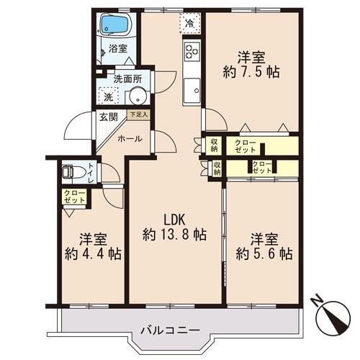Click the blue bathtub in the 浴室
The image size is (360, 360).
[x=114, y=24]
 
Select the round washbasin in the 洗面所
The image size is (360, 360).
[x=138, y=96]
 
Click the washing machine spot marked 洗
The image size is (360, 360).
[x=109, y=95]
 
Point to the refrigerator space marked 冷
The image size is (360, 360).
[x=190, y=23]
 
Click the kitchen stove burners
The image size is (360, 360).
[x=192, y=51]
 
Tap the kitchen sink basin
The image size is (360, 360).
[x=192, y=91]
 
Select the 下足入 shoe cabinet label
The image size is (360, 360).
[x=139, y=114]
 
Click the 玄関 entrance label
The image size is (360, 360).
[x=109, y=117]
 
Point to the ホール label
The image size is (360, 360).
[x=130, y=139]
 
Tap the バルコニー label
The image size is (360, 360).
[x=171, y=330]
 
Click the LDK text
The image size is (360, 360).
[x=174, y=220]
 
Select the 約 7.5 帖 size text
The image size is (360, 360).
[x=251, y=72]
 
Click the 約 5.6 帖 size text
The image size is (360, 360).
[x=264, y=254]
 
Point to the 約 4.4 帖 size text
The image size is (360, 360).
[x=93, y=253]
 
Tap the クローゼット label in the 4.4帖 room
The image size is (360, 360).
[x=74, y=197]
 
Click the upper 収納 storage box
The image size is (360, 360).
[x=214, y=145]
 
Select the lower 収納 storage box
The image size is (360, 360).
[x=217, y=168]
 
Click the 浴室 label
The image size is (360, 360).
[x=118, y=49]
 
